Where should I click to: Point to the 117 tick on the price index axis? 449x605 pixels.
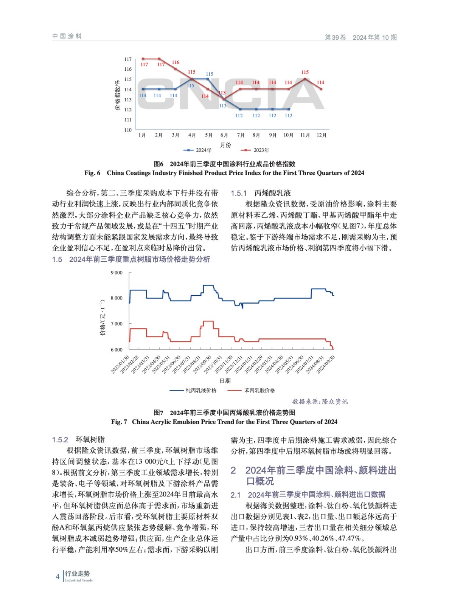click(x=128, y=59)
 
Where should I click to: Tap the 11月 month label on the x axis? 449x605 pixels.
click(x=305, y=135)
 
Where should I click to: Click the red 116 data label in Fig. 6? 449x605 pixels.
click(x=176, y=62)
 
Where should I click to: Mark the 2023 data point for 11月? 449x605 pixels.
click(x=305, y=79)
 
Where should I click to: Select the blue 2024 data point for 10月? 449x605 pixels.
click(x=289, y=109)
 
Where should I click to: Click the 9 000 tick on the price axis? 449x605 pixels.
click(x=117, y=273)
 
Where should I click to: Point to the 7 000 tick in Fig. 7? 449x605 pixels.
click(x=117, y=324)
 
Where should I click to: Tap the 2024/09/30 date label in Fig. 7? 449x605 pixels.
click(x=326, y=364)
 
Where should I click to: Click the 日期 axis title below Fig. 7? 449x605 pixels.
click(x=225, y=380)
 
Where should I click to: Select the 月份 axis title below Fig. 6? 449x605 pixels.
click(x=225, y=145)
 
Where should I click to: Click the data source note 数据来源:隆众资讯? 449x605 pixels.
click(x=320, y=401)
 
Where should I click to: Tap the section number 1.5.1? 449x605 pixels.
click(x=239, y=193)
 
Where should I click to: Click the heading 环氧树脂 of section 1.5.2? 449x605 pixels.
click(x=90, y=439)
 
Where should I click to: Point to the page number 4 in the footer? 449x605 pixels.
click(x=57, y=576)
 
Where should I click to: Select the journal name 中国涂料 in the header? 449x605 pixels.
click(x=67, y=36)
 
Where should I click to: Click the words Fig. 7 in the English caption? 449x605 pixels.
click(x=119, y=422)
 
